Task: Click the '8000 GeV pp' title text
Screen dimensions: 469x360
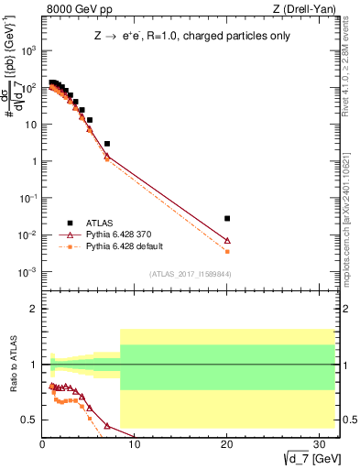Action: pos(80,10)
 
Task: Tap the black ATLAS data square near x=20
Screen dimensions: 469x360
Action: pos(227,218)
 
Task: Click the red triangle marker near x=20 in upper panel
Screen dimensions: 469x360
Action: pos(227,241)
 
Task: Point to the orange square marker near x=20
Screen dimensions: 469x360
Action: pos(227,251)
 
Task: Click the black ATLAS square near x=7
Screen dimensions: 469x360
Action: pos(107,144)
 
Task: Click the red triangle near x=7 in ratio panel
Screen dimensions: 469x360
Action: pos(107,426)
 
